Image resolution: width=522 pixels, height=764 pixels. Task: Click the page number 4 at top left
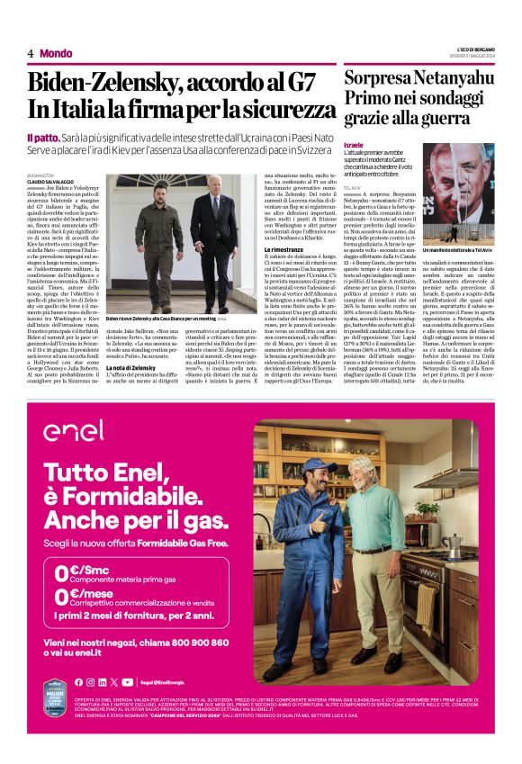(30, 53)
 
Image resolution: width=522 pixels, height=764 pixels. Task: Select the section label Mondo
(56, 53)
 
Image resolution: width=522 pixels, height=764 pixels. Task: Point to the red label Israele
(354, 145)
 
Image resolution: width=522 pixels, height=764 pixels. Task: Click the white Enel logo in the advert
(73, 431)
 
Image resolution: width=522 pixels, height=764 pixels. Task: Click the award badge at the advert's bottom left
(58, 730)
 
